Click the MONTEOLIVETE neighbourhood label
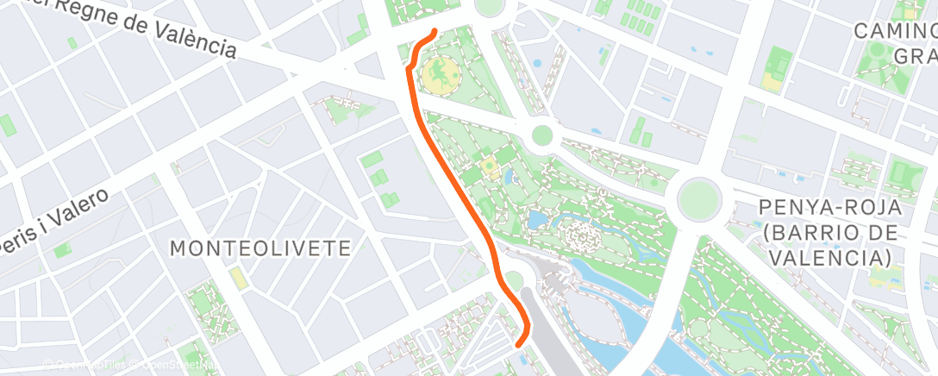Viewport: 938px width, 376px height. pyautogui.click(x=260, y=248)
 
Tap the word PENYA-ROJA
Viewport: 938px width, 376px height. pyautogui.click(x=831, y=208)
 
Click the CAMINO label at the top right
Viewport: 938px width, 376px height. pyautogui.click(x=895, y=31)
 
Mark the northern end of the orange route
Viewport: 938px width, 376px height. pyautogui.click(x=433, y=32)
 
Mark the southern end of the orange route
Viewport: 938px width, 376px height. pyautogui.click(x=519, y=344)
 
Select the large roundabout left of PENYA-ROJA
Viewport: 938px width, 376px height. pyautogui.click(x=698, y=199)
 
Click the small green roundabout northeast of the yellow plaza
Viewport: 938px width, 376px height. pyautogui.click(x=541, y=135)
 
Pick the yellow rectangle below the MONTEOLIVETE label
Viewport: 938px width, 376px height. pyautogui.click(x=236, y=279)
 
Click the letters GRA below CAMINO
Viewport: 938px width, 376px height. pyautogui.click(x=916, y=56)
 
